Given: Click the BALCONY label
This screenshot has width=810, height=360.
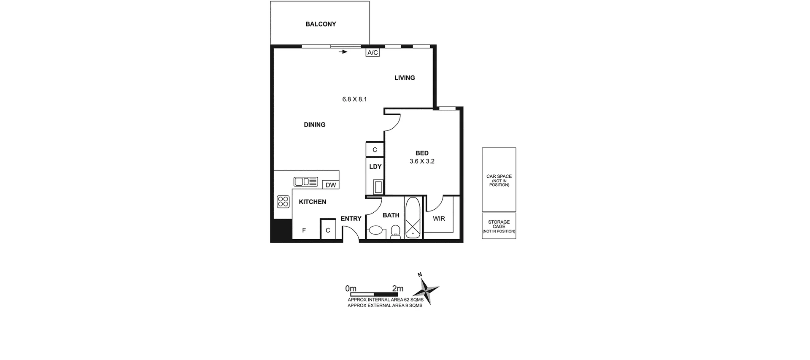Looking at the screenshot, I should click(x=321, y=24).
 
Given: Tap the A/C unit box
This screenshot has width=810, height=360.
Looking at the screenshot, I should click(x=373, y=53).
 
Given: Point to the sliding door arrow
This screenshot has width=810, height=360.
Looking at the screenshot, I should click(x=343, y=52).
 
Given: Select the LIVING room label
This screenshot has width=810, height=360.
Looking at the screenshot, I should click(x=405, y=78).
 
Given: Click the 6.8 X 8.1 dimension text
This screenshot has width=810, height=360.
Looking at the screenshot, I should click(x=354, y=100).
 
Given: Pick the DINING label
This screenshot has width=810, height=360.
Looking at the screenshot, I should click(x=315, y=125).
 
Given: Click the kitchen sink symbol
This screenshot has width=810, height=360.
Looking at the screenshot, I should click(x=305, y=182).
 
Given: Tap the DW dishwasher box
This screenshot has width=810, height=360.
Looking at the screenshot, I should click(x=331, y=185).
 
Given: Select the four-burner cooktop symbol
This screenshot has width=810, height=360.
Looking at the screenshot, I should click(x=283, y=202).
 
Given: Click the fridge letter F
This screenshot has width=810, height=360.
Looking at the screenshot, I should click(x=304, y=231).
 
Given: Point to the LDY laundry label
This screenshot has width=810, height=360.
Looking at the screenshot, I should click(x=375, y=167).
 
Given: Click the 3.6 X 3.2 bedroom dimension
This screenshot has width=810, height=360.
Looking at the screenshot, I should click(x=422, y=161).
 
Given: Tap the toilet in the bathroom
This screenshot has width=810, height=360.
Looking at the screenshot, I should click(x=395, y=232).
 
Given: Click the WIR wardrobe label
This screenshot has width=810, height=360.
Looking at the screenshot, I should click(x=439, y=219).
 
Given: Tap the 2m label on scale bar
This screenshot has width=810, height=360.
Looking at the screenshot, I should click(x=397, y=289).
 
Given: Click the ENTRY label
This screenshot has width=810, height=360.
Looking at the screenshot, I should click(x=351, y=219).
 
